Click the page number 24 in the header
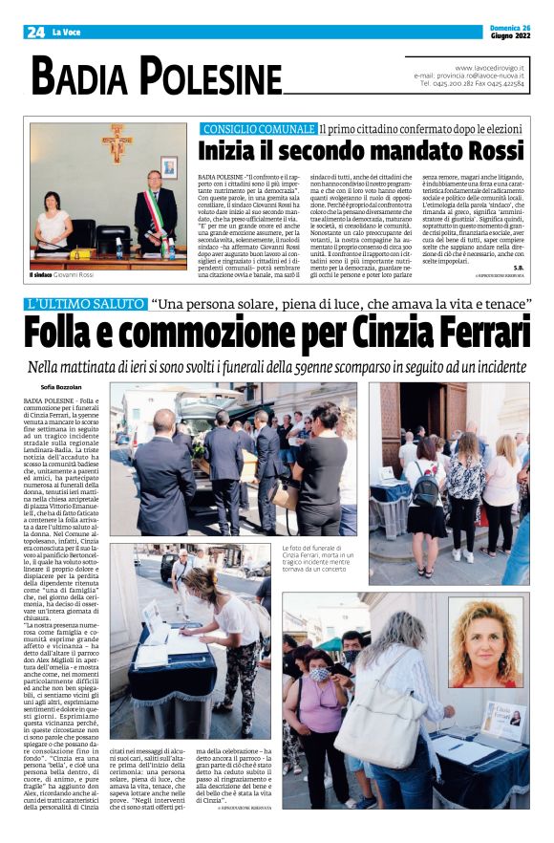pos(36,32)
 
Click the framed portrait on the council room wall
pos(168,167)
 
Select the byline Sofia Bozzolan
pos(62,387)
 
